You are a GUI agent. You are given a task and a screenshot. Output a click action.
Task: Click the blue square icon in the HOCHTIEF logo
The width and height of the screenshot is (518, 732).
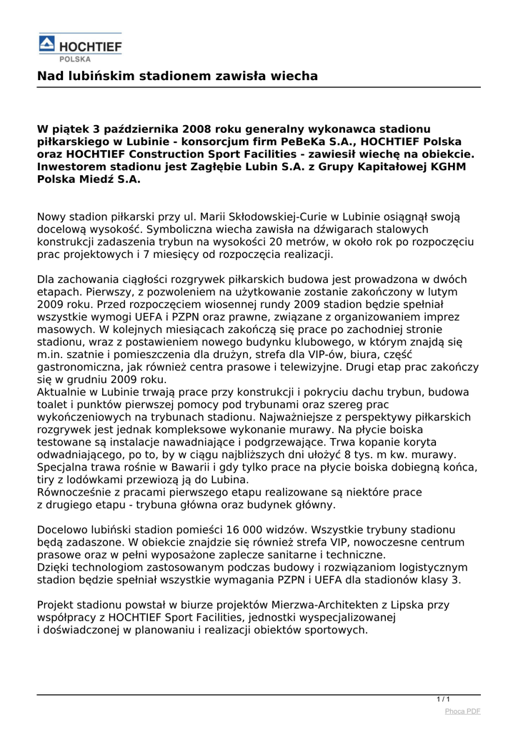(46, 44)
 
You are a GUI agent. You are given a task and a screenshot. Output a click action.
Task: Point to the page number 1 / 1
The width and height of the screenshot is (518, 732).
(443, 699)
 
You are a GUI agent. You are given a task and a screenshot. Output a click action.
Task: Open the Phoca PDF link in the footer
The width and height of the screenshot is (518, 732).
(462, 711)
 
